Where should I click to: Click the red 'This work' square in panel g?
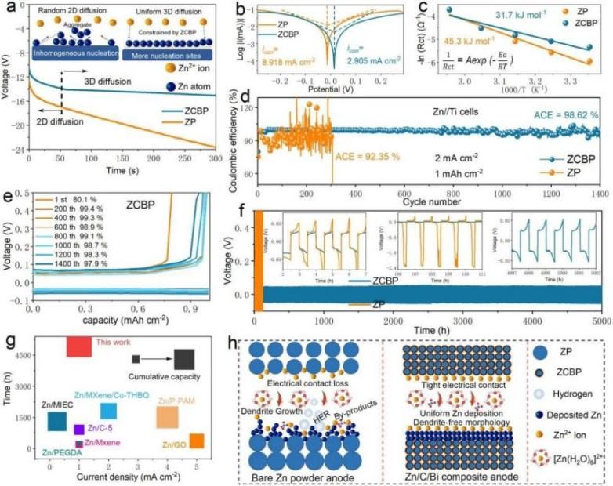tap(79, 346)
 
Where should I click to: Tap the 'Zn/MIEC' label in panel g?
tap(57, 404)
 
